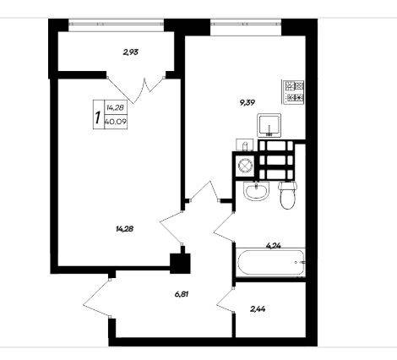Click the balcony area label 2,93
[131, 52]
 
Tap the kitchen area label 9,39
[247, 103]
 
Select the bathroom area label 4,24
[274, 246]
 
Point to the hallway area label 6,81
[182, 294]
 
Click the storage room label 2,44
[258, 309]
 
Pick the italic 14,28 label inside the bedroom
[124, 229]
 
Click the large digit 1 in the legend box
[98, 117]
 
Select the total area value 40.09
[116, 122]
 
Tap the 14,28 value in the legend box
[116, 107]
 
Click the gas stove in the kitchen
[293, 92]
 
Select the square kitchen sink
[269, 125]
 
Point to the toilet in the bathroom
[287, 195]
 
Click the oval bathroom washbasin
[257, 191]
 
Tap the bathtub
[271, 262]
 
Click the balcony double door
[136, 89]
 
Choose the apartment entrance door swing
[96, 298]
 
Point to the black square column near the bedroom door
[180, 263]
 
